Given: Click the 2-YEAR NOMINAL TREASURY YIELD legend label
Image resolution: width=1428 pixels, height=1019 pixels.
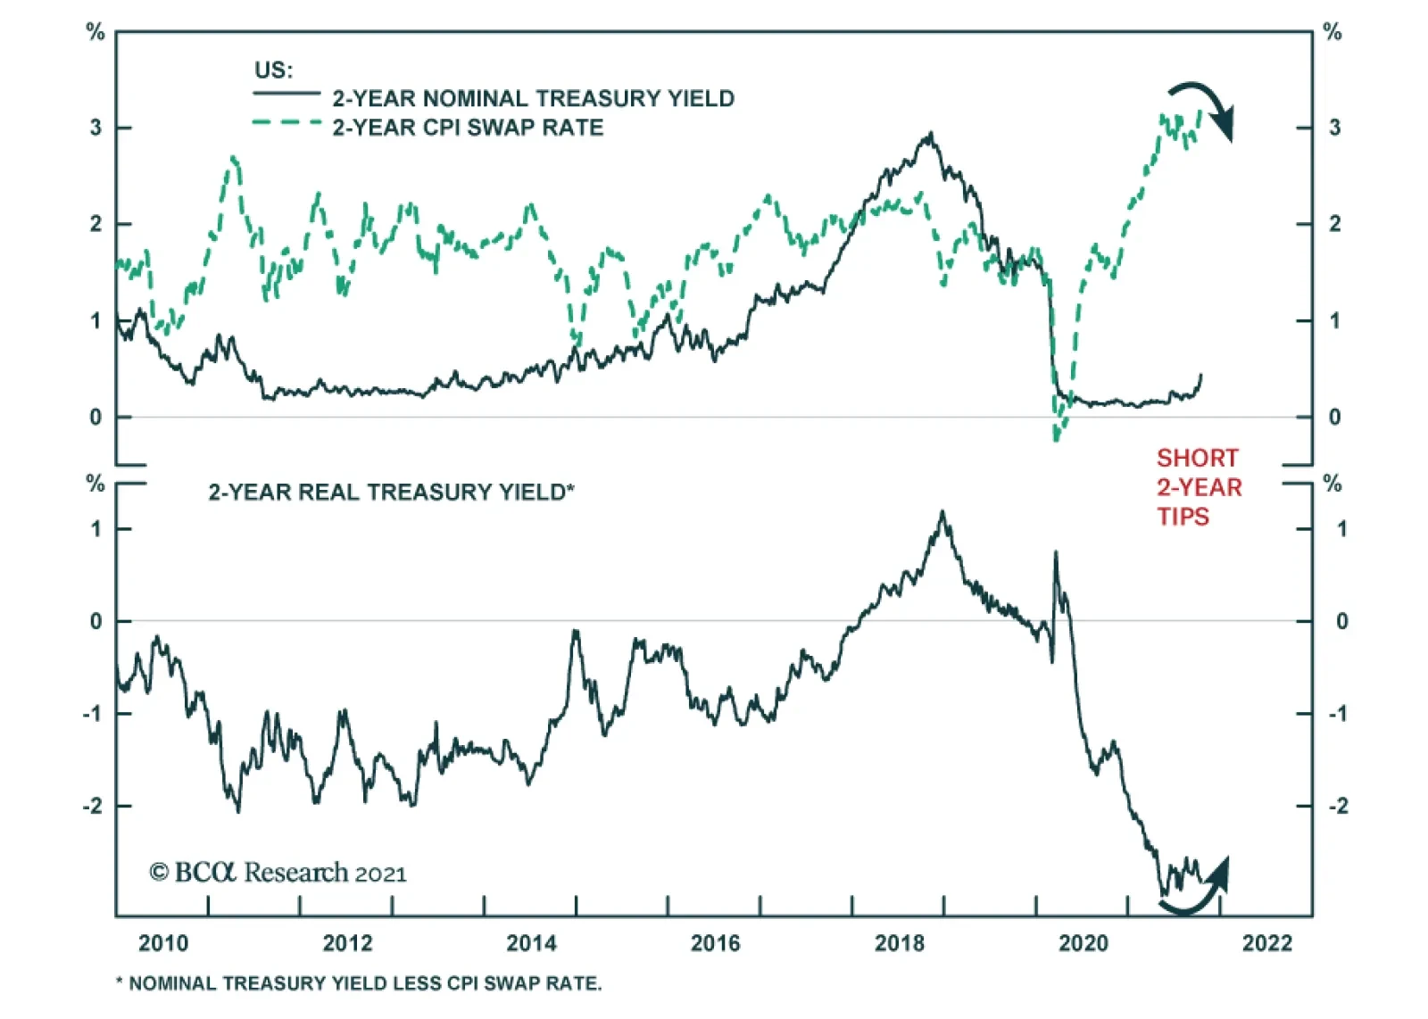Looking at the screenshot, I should tap(533, 98).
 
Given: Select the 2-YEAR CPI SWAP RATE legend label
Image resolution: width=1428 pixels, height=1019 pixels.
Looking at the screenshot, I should tap(468, 128).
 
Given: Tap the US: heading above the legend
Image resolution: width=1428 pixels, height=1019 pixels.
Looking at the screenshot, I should tap(273, 70).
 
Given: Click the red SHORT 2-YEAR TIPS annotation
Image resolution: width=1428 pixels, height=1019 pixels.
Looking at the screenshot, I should tap(1199, 487).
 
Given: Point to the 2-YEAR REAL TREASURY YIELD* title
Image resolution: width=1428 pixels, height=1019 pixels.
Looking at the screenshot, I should tap(391, 493).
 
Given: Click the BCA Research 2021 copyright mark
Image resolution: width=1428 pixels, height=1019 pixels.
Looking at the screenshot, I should tap(278, 873).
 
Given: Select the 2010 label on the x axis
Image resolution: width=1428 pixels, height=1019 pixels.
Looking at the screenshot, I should tap(163, 943).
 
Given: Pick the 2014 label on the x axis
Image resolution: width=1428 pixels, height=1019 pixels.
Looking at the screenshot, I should tap(531, 943).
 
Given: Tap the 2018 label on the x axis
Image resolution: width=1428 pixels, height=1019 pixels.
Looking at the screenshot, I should tap(900, 943).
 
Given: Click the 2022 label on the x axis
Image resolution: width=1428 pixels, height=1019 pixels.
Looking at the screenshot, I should tap(1267, 943).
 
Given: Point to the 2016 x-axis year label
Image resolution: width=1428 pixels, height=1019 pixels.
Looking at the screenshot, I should tap(715, 943).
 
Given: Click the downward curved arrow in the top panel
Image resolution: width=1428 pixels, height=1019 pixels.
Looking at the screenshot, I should tap(1205, 107).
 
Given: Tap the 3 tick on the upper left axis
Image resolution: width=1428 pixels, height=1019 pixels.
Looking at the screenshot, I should tap(95, 128).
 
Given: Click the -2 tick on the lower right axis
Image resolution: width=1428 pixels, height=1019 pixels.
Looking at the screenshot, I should tap(1339, 806).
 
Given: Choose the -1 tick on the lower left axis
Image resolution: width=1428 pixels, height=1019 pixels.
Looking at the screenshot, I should tap(92, 714).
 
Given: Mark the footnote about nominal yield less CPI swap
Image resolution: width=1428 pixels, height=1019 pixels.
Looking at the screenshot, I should tap(359, 983).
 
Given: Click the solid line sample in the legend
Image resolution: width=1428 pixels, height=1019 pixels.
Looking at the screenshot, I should tap(286, 93).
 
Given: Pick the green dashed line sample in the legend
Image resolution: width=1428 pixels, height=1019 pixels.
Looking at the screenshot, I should tap(286, 122).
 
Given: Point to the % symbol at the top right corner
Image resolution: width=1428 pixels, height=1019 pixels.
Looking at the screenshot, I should tap(1333, 33).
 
